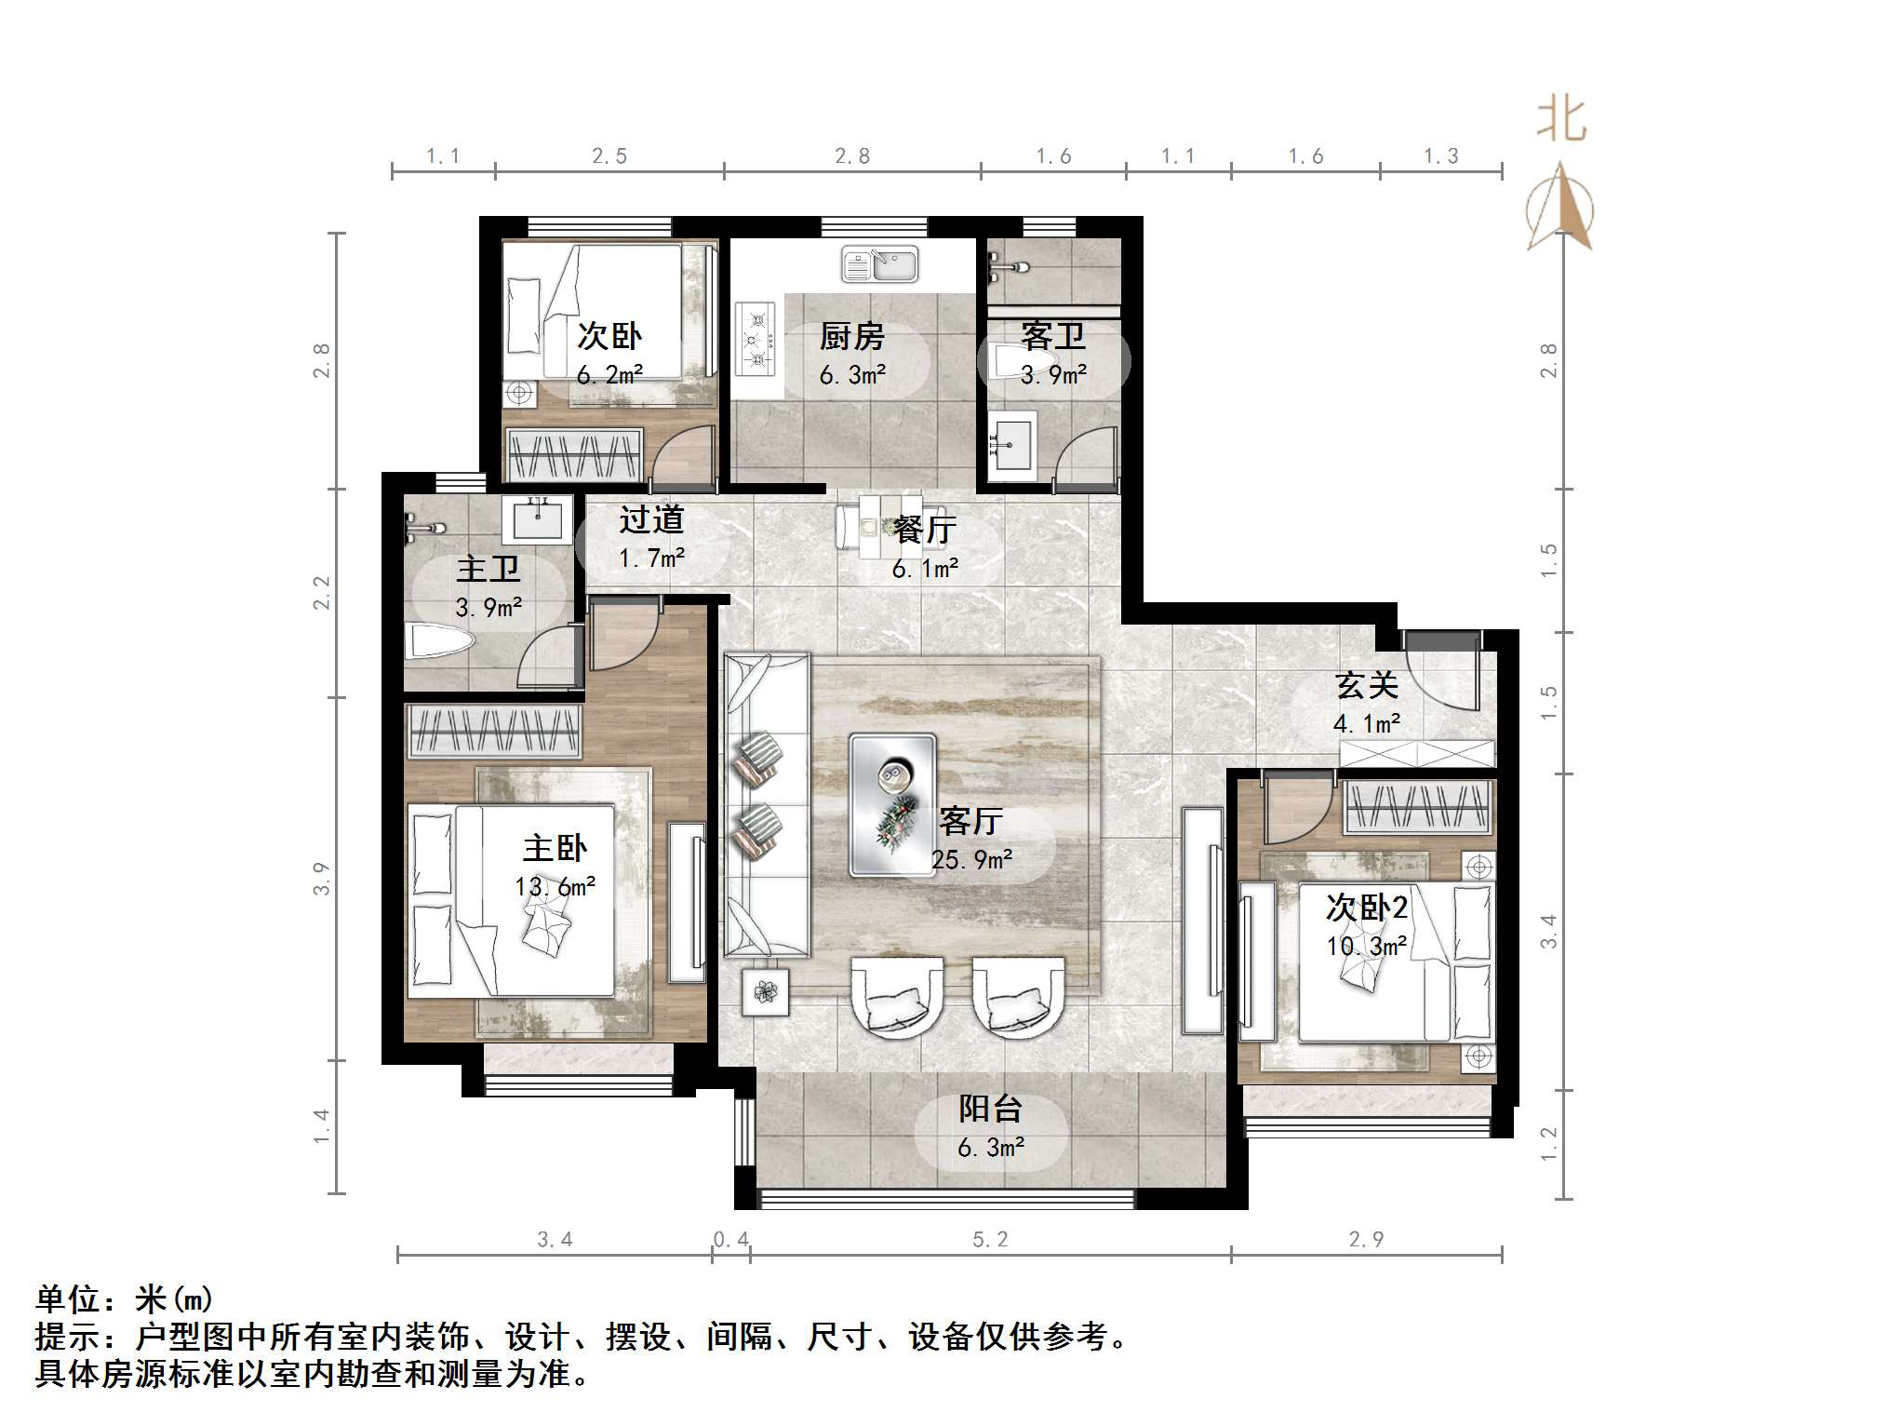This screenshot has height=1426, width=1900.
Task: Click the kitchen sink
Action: coord(879,264)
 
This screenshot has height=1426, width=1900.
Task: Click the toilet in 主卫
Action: coord(440,641)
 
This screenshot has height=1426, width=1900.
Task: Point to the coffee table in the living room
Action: coord(891,805)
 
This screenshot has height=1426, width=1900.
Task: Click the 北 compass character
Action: coord(1560,121)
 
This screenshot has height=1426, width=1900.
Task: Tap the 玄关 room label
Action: coord(1366,686)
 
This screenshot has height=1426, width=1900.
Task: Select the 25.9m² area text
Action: coord(971,860)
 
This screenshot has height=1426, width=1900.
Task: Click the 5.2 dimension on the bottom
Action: coord(990,1240)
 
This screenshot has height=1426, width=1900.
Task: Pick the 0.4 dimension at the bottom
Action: coord(730,1240)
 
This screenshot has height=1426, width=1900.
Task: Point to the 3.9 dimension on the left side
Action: coord(321,879)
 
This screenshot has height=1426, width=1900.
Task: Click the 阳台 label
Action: coord(990,1109)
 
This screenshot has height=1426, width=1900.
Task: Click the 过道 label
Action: coord(651,519)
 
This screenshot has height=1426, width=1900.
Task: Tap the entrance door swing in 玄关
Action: coord(1440,678)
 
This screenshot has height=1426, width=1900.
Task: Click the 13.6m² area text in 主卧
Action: coord(555,887)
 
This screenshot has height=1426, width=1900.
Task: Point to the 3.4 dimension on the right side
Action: coord(1548,932)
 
